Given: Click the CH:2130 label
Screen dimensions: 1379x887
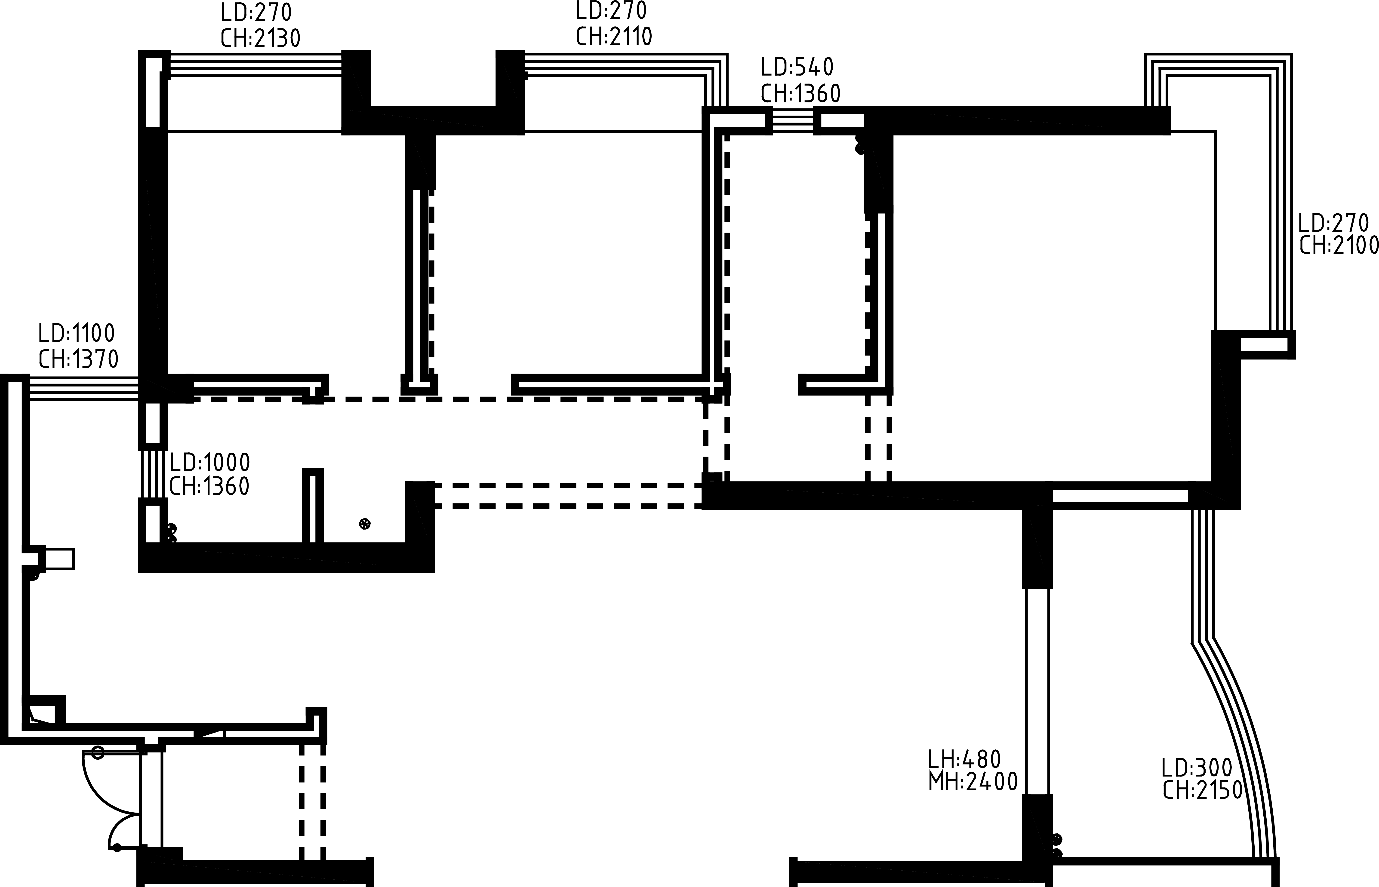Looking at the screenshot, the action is (260, 38).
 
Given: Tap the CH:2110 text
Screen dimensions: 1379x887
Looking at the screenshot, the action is (614, 36).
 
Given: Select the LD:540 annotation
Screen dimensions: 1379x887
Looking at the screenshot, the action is (797, 68).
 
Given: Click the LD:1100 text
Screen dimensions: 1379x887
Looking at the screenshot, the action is (77, 334).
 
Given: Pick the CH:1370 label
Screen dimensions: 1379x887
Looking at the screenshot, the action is (78, 359).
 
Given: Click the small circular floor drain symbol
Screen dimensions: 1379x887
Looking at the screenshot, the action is (365, 524).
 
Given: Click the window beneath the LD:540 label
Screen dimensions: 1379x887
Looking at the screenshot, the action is (793, 120).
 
